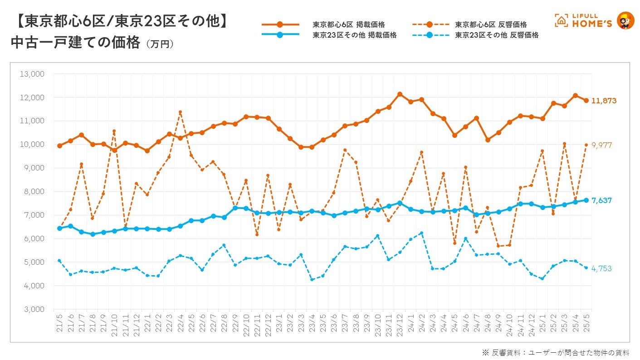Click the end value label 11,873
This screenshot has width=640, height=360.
point(603,101)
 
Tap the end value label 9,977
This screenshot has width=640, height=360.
point(602,145)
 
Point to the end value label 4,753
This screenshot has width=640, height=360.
point(601,268)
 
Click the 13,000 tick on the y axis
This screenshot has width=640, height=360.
point(32,74)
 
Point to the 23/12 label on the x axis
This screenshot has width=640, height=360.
point(400,322)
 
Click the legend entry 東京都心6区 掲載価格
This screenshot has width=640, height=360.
point(355,24)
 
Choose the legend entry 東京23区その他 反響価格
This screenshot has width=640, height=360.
point(497,35)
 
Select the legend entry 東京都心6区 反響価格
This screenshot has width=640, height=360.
point(491,24)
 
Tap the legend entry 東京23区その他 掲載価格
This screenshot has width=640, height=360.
point(355,35)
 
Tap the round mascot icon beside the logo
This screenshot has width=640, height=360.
point(626,20)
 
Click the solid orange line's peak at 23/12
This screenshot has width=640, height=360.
point(400,94)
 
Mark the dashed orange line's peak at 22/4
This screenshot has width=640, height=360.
point(180,112)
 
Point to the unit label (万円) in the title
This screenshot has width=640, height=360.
point(159,44)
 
